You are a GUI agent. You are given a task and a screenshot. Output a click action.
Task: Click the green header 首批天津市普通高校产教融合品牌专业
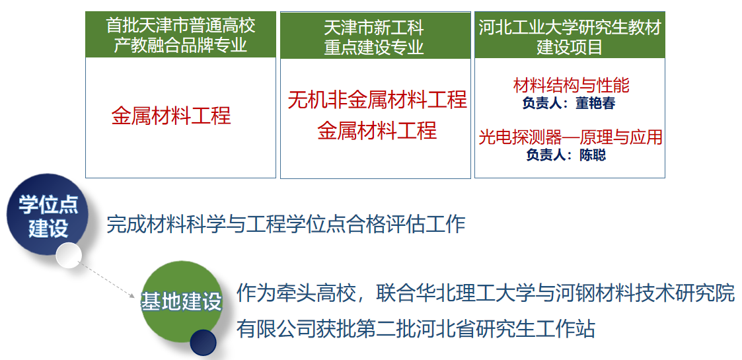[180, 34]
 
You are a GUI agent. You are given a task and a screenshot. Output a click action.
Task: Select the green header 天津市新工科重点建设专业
[375, 35]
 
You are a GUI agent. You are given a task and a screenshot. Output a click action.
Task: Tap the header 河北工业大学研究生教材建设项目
[570, 35]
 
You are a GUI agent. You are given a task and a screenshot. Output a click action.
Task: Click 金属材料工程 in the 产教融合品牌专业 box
[171, 116]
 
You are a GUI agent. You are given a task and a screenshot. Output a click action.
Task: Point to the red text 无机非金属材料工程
[377, 100]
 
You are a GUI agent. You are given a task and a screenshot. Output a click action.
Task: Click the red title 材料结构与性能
[571, 86]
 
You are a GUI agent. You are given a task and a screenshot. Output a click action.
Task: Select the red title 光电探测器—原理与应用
[570, 137]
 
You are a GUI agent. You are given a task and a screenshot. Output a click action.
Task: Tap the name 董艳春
[595, 104]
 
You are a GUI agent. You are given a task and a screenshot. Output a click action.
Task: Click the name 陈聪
[593, 155]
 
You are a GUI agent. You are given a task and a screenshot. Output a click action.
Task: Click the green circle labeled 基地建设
[182, 301]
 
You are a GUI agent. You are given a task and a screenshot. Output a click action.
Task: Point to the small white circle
[69, 256]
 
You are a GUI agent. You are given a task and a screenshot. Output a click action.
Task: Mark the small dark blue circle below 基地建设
[203, 343]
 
